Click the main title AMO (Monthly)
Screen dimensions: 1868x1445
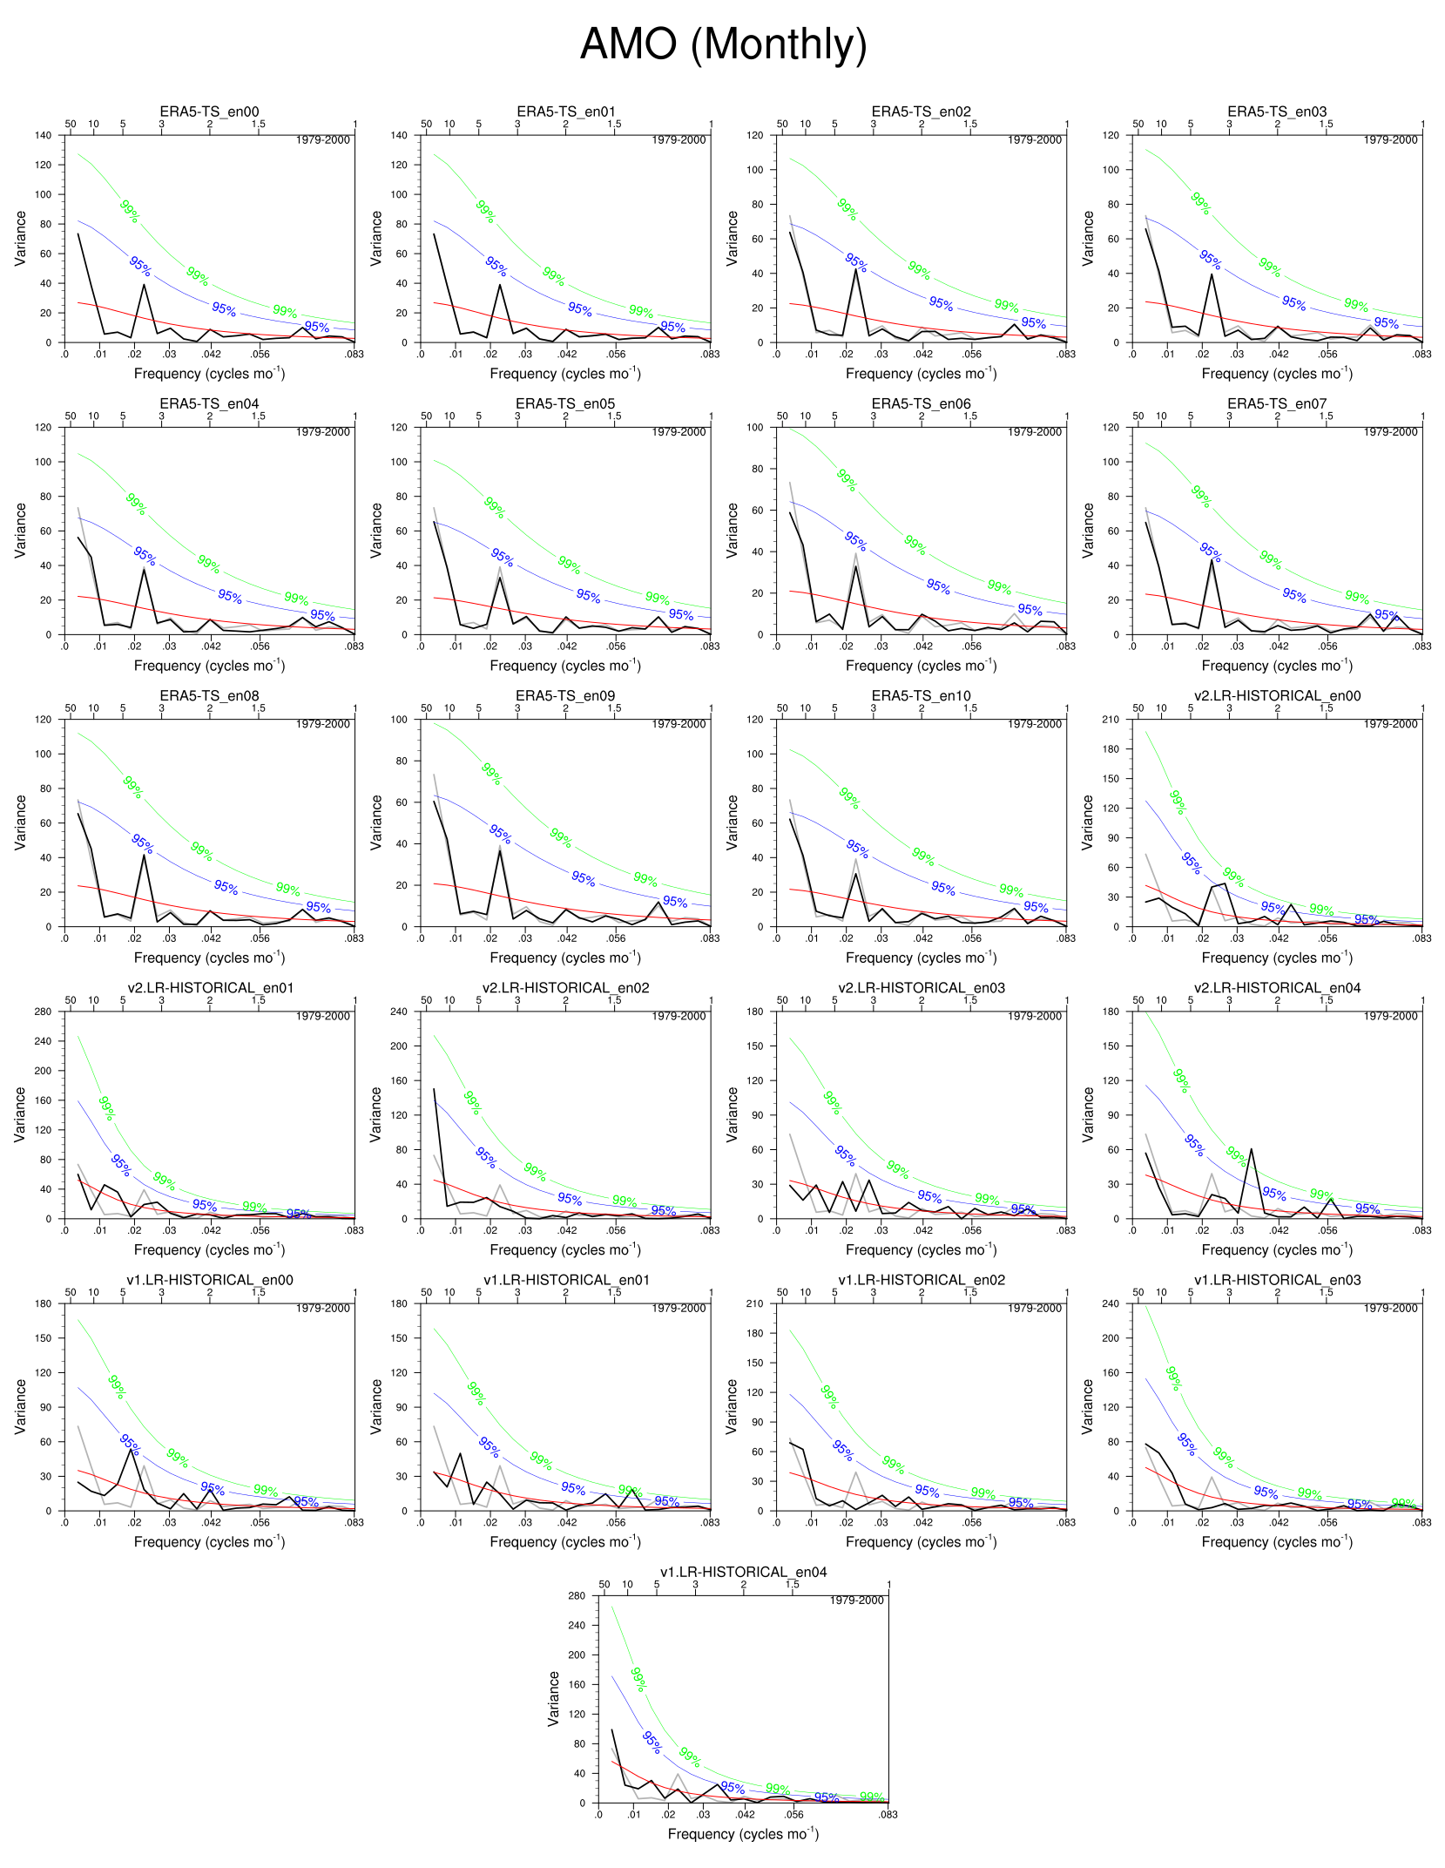[x=723, y=44]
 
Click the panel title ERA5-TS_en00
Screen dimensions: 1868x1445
[x=209, y=112]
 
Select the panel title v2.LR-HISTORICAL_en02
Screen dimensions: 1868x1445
[x=565, y=987]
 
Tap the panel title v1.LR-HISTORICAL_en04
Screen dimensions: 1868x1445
[x=743, y=1572]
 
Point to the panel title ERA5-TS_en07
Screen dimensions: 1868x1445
[x=1277, y=403]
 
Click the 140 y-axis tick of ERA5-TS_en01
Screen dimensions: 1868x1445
[x=399, y=135]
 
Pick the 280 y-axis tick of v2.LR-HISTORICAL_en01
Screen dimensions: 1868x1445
[x=44, y=1012]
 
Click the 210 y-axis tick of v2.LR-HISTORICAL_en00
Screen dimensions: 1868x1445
[x=1111, y=720]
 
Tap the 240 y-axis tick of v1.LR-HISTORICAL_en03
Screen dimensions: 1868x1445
[x=1111, y=1303]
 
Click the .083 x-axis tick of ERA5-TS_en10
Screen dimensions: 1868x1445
[x=1066, y=938]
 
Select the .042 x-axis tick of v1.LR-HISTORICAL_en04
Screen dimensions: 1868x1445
[x=746, y=1815]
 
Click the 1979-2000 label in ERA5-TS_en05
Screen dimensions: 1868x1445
[x=679, y=432]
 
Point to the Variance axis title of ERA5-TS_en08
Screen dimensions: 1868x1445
[x=20, y=822]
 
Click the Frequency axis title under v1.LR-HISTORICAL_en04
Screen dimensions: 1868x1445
[x=743, y=1834]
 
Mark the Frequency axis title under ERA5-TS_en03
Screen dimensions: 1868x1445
[x=1277, y=374]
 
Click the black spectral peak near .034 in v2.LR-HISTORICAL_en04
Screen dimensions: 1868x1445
[x=1252, y=1149]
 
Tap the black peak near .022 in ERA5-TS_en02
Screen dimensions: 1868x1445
[x=856, y=269]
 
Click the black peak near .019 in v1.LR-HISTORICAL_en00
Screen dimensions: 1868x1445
[x=132, y=1449]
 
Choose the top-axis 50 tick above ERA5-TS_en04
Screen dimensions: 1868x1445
[x=71, y=416]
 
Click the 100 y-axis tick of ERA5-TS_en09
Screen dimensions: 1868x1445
[x=399, y=720]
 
